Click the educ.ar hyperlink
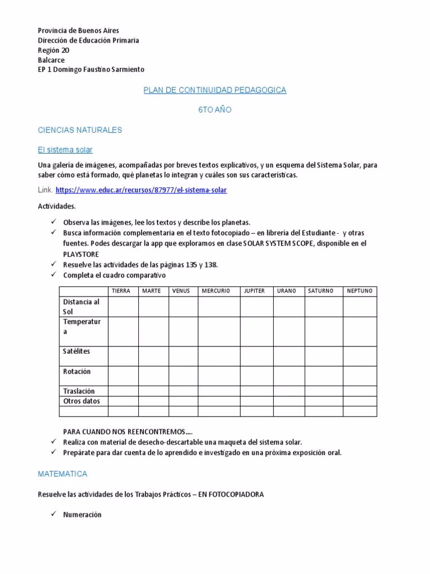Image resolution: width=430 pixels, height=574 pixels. pos(141,190)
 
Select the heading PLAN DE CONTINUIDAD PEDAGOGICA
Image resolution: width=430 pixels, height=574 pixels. pos(214,90)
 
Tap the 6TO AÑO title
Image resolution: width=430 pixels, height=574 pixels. pos(214,110)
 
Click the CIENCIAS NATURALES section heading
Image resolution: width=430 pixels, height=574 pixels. pos(80,130)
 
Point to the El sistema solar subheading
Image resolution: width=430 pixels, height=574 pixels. pos(65,150)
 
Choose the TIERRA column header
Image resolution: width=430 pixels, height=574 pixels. pos(121,291)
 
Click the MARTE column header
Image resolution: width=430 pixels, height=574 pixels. pos(151,291)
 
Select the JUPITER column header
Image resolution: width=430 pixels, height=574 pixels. pos(254,291)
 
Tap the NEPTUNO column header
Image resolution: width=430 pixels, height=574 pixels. pos(359,291)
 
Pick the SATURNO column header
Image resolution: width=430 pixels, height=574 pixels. pos(320,291)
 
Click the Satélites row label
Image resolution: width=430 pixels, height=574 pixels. pos(77,351)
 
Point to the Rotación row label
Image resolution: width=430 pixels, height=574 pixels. pos(77,372)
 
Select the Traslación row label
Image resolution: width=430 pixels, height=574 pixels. pos(79,391)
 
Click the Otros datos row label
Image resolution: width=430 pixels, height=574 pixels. pos(82,401)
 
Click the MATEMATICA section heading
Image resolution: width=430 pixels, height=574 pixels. pos(62,474)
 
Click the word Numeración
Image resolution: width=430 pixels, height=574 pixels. pos(82,515)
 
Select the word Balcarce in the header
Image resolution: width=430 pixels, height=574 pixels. pos(51,60)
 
